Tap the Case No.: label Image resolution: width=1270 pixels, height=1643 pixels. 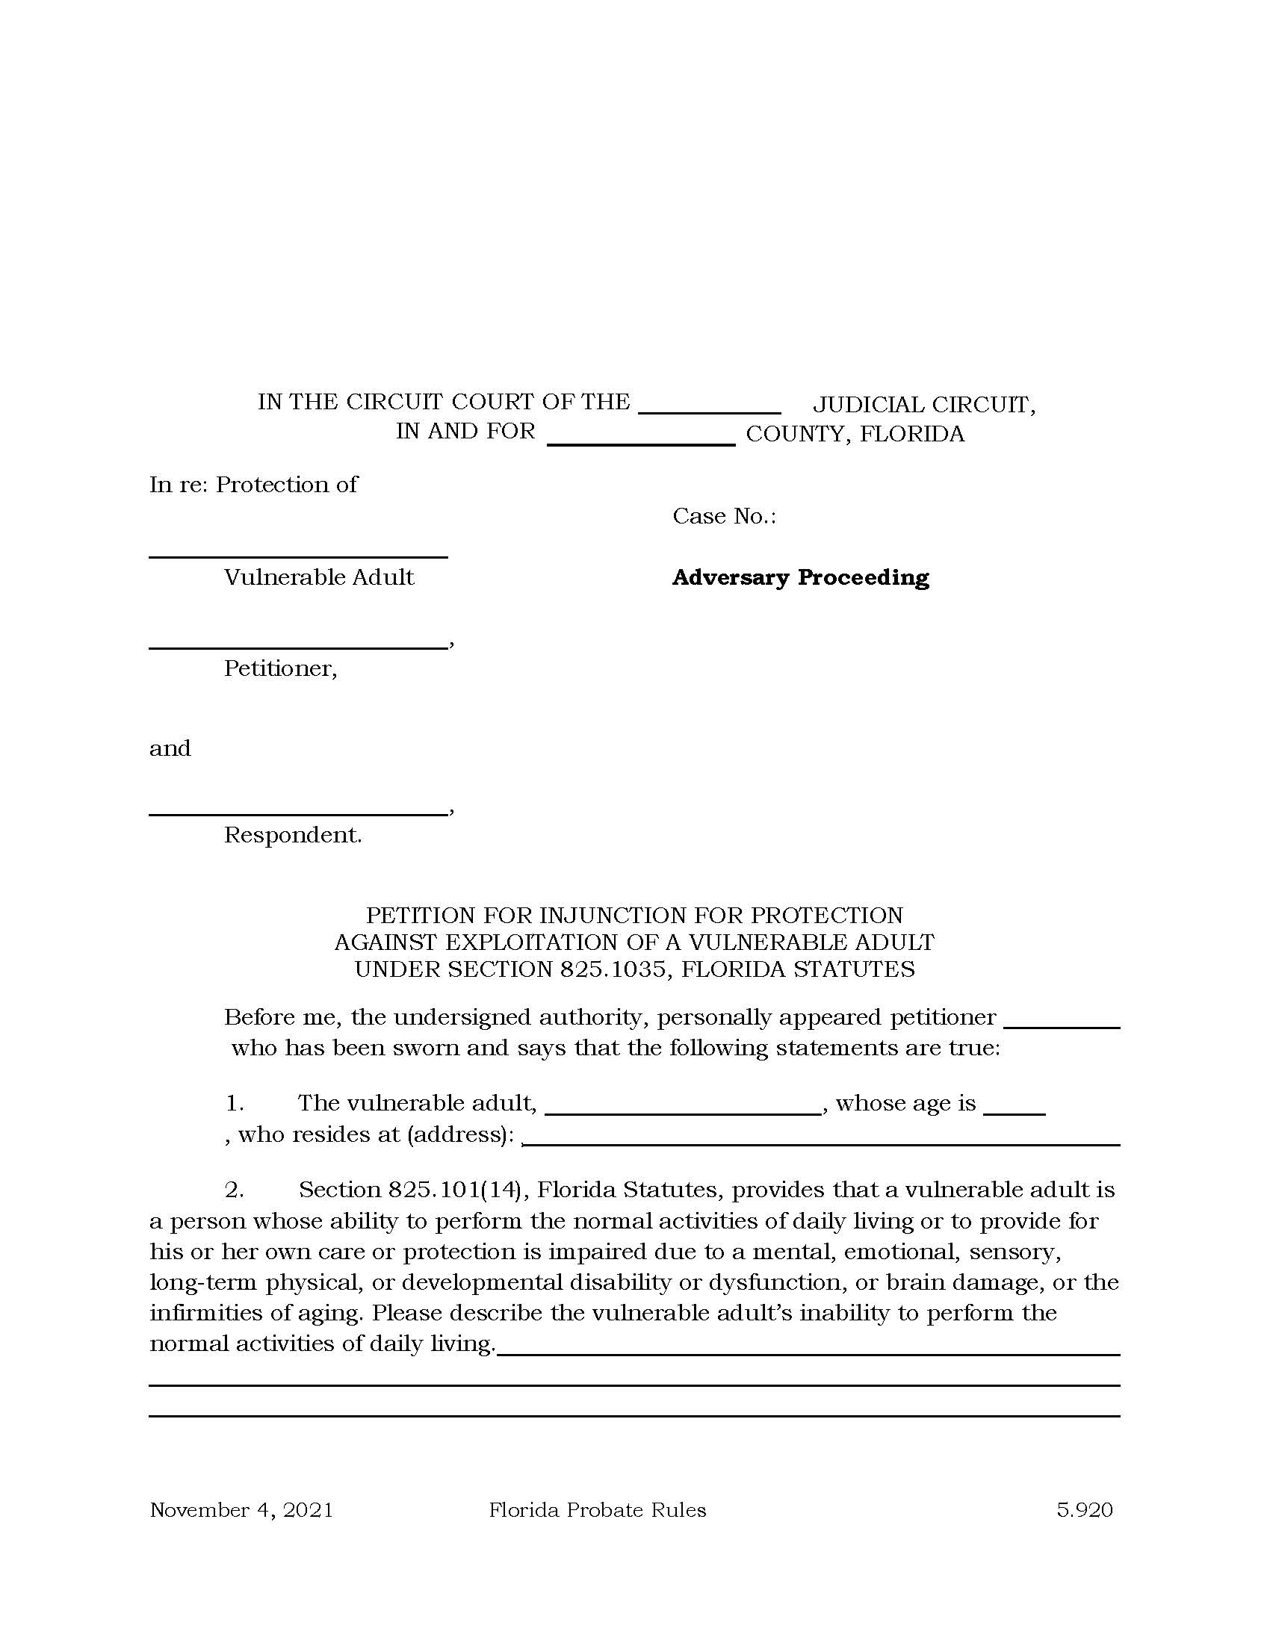click(724, 516)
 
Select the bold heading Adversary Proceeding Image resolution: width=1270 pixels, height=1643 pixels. click(801, 578)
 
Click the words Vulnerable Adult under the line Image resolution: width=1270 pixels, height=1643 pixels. click(319, 578)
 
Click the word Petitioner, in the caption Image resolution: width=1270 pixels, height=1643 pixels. click(281, 669)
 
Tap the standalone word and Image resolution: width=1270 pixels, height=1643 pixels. click(170, 748)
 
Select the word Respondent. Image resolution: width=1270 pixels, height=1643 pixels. click(293, 835)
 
